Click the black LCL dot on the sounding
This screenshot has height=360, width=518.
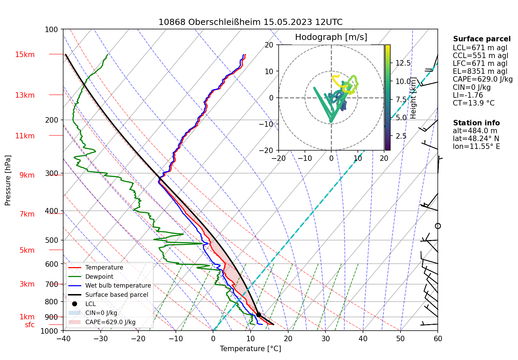point(258,315)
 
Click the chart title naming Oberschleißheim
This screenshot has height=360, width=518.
point(250,22)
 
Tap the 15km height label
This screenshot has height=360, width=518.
point(25,55)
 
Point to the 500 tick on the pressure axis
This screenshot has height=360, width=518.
point(52,240)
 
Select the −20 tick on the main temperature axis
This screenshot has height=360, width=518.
point(138,338)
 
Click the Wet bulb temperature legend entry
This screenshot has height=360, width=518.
point(118,286)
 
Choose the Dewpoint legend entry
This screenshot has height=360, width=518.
point(99,277)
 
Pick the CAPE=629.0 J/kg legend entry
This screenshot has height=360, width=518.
point(110,322)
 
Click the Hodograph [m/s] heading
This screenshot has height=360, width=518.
point(331,37)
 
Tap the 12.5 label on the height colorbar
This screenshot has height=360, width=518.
point(403,63)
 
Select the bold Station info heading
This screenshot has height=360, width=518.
point(476,123)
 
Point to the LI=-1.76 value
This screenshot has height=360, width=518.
point(468,95)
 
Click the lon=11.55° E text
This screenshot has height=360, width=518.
point(476,147)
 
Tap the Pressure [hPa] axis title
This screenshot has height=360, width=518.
point(8,180)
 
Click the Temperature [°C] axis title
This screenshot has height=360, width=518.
point(250,349)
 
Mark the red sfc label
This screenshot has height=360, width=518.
point(30,325)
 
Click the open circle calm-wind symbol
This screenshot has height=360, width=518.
point(438,226)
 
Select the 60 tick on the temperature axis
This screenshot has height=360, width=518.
point(438,338)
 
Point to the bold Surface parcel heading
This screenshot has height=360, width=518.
point(481,39)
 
